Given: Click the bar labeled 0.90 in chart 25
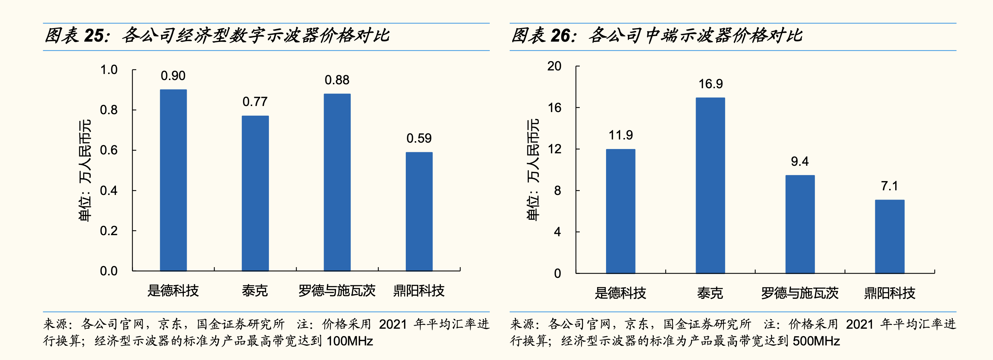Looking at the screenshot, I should [173, 180].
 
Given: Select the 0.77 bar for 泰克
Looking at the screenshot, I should [255, 193].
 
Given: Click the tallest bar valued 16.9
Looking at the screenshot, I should [710, 185].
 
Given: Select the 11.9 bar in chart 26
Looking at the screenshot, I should [620, 211].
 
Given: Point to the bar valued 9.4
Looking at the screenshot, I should [800, 224].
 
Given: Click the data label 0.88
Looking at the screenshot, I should [337, 80].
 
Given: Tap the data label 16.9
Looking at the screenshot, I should [711, 84].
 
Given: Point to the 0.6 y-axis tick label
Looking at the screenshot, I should [109, 150].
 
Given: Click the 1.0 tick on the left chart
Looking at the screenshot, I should [109, 70].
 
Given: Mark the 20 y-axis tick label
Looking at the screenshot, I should [554, 66].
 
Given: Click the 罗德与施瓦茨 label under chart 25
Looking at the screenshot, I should [337, 291].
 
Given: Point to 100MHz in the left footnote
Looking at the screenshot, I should [350, 341].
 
